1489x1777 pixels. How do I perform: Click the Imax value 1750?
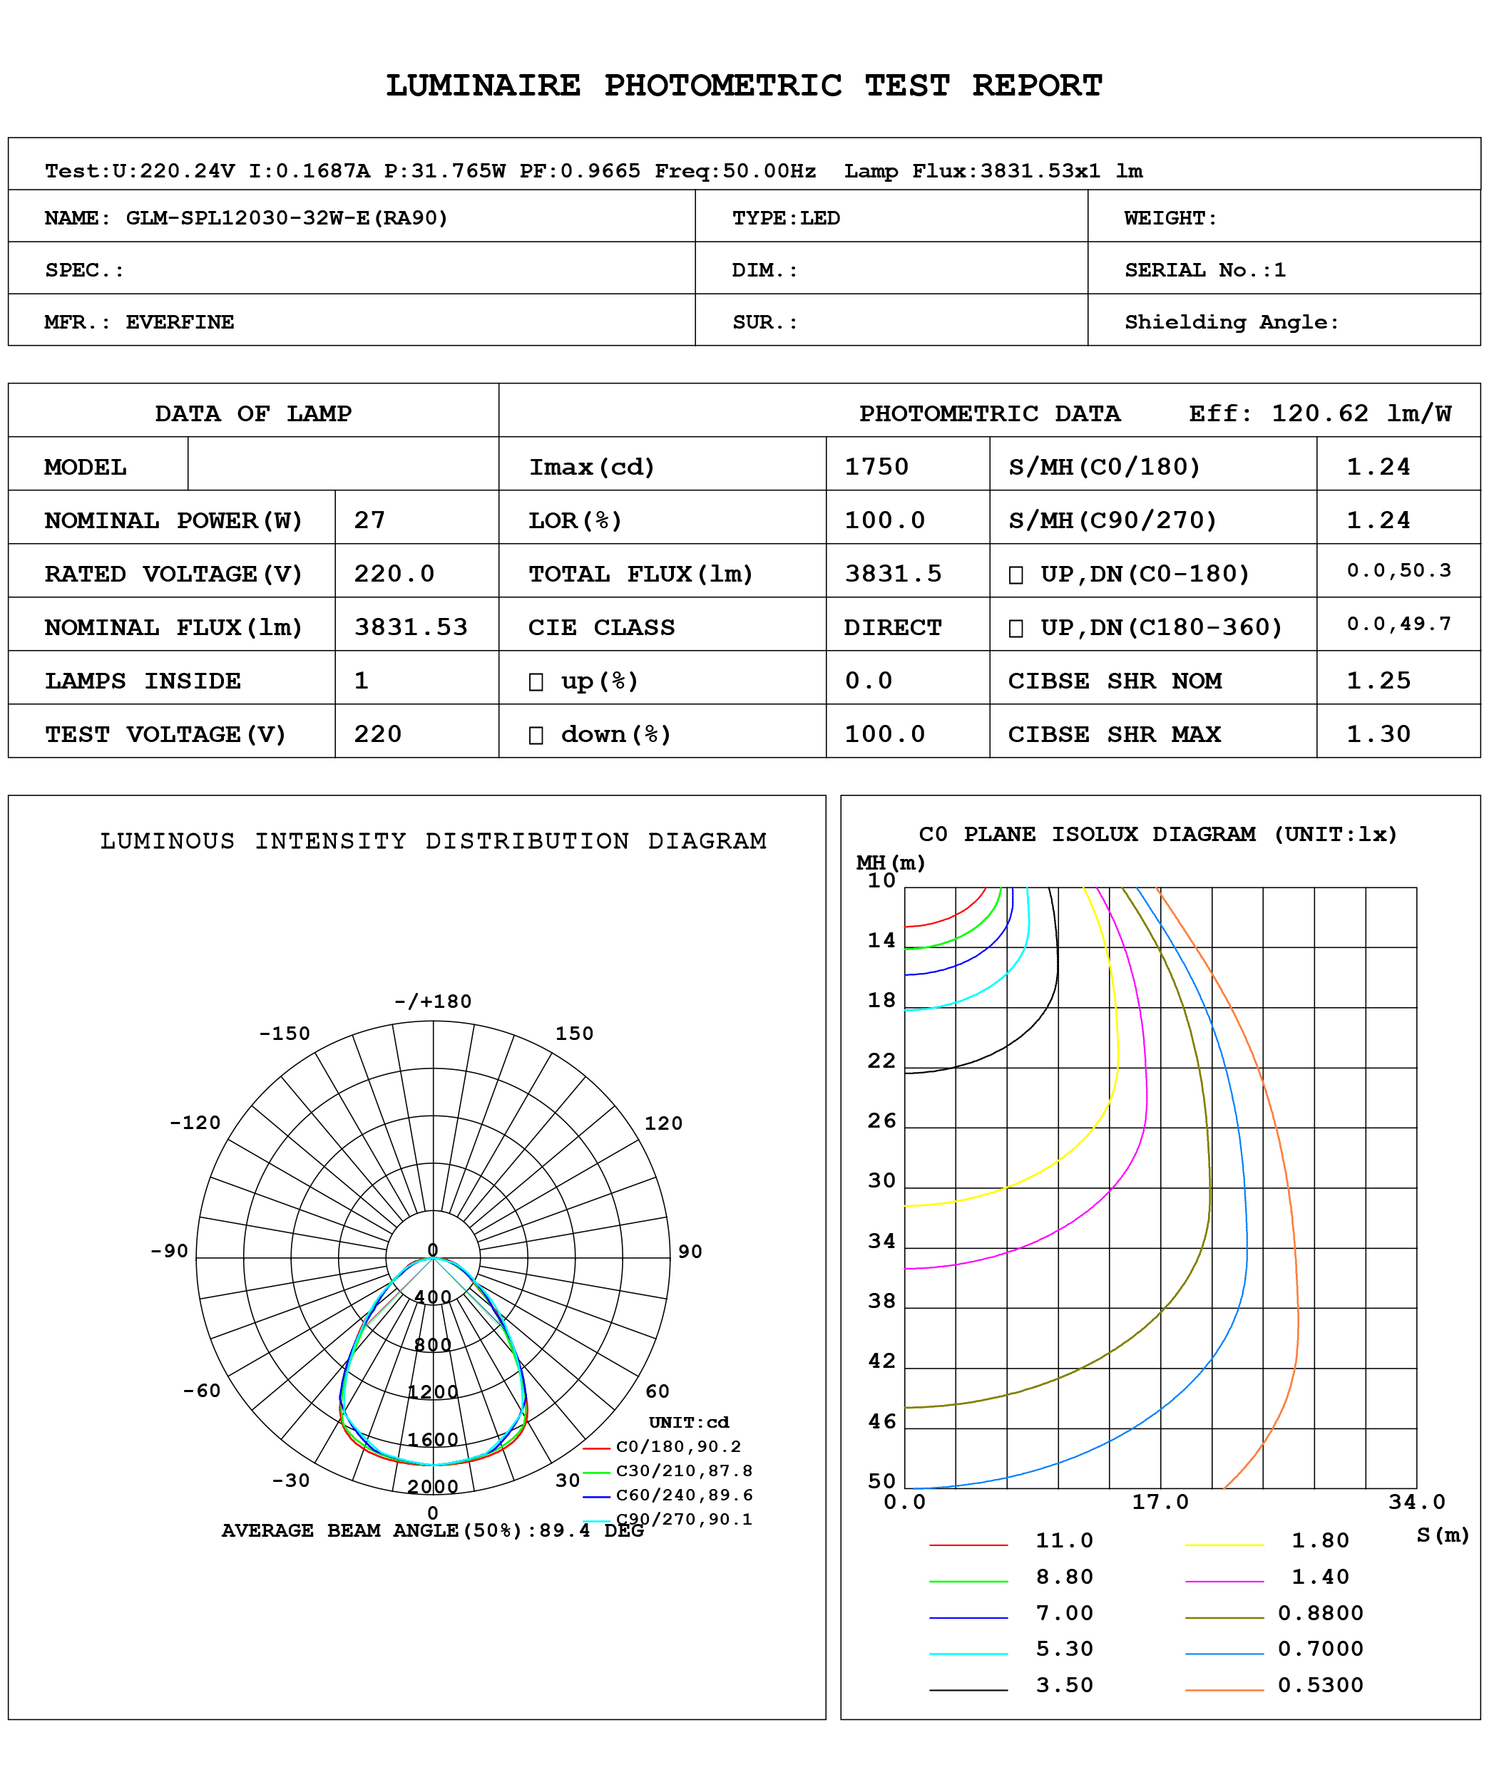(x=876, y=467)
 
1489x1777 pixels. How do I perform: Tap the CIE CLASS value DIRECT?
(x=892, y=627)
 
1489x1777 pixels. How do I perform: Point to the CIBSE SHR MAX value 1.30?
(x=1378, y=733)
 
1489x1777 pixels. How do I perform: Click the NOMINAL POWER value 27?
(x=369, y=520)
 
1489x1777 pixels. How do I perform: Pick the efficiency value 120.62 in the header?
(x=1319, y=413)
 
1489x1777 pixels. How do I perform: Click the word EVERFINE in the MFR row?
(x=180, y=321)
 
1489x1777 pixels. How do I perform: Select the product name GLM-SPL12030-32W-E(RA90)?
(x=286, y=217)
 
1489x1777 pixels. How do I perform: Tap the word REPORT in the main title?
(x=1037, y=85)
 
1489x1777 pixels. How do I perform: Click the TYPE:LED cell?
(x=786, y=217)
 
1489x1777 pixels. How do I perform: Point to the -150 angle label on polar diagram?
(x=285, y=1034)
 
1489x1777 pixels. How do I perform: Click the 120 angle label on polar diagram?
(x=662, y=1123)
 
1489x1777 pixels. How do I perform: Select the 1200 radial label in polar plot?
(x=433, y=1391)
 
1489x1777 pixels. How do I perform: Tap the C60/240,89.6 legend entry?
(x=683, y=1494)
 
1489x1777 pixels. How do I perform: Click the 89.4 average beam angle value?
(x=565, y=1530)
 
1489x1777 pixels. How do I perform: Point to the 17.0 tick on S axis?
(x=1160, y=1501)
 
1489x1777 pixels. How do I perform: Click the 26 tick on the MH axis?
(x=881, y=1121)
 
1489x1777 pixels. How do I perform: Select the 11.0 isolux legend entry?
(x=1064, y=1540)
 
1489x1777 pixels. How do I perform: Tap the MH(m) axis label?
(x=890, y=862)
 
